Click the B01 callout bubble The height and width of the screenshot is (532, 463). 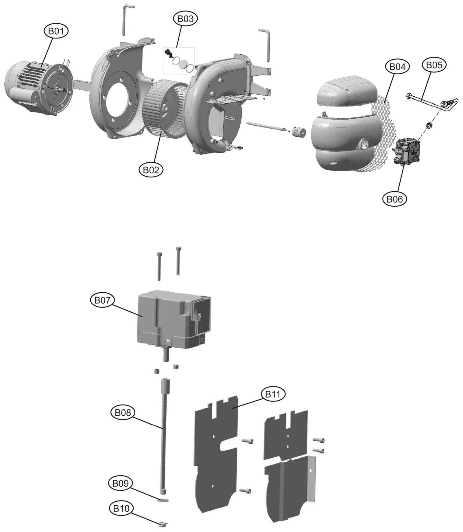(x=56, y=31)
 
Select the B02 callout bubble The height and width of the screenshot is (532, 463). (x=151, y=170)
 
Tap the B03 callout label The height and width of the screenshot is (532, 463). (x=185, y=19)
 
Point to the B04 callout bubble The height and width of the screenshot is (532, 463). (x=397, y=67)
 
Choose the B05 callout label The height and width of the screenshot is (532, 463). (x=434, y=65)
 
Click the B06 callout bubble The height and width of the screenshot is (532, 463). (x=394, y=199)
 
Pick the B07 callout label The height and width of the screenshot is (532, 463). (x=102, y=300)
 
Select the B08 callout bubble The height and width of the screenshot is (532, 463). (x=123, y=412)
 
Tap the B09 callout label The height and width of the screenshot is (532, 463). (x=120, y=483)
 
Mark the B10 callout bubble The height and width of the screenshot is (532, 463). (x=121, y=508)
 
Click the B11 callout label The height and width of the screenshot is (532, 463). (x=273, y=394)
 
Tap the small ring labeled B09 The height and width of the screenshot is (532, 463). (x=163, y=500)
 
